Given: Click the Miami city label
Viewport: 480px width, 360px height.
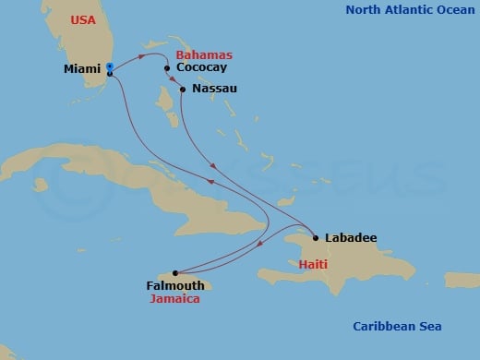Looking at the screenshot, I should coord(83,68).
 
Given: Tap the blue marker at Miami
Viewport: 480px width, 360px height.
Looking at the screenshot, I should coord(109,66).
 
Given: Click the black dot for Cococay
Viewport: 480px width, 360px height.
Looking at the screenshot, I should coord(167,68).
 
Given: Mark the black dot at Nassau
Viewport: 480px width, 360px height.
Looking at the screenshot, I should coord(183,90).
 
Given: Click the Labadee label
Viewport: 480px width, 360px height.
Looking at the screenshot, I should coord(350,238).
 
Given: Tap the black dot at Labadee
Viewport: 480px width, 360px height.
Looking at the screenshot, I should coord(316,238).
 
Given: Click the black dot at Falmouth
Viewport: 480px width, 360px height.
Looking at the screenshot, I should coord(176,273).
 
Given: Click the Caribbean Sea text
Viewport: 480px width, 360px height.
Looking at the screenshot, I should coord(398,326).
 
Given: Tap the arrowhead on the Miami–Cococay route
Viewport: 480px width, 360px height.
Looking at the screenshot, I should coord(140,57).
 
